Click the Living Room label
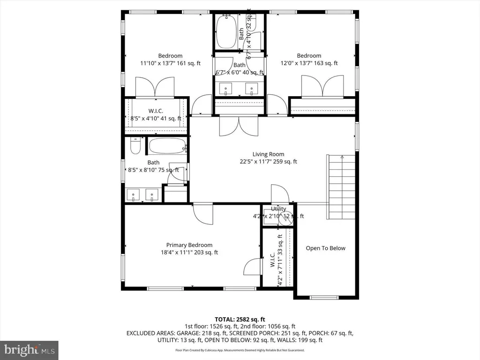[268, 154]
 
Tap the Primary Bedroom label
[189, 245]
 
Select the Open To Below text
[325, 248]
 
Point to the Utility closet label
[278, 209]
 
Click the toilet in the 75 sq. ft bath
[135, 147]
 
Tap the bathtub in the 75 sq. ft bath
[167, 146]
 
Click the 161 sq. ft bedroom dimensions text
[170, 63]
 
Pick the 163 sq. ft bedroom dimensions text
[309, 63]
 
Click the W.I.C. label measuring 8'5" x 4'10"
[156, 111]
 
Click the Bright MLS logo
[29, 350]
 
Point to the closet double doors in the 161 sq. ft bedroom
[155, 87]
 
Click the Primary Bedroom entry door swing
[203, 214]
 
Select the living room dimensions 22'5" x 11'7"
[268, 162]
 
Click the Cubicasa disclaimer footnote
[240, 350]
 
